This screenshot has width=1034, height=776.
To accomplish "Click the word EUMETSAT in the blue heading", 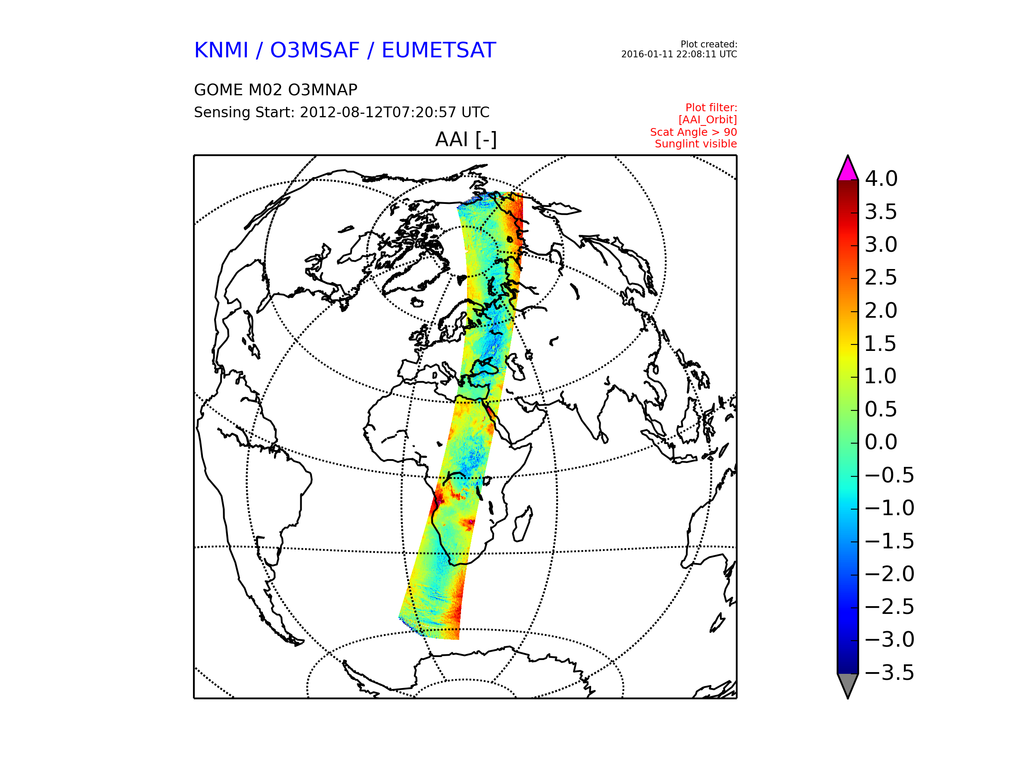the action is pyautogui.click(x=439, y=50).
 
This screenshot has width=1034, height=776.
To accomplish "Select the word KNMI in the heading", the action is pyautogui.click(x=221, y=50).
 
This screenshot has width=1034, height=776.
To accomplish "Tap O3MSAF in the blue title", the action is pyautogui.click(x=315, y=50).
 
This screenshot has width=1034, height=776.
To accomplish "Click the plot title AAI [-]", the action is pyautogui.click(x=466, y=139).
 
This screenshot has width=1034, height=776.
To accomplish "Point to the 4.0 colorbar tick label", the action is pyautogui.click(x=881, y=178).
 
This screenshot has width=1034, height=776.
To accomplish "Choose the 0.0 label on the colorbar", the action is pyautogui.click(x=881, y=442).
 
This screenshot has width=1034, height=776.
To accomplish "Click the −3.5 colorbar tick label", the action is pyautogui.click(x=890, y=673).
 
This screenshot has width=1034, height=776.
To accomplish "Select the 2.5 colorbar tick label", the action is pyautogui.click(x=881, y=277).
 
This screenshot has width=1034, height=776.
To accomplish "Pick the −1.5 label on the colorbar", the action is pyautogui.click(x=890, y=541).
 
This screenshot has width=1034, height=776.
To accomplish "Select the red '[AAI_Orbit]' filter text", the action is pyautogui.click(x=708, y=120).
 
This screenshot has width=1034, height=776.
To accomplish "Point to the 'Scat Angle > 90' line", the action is pyautogui.click(x=693, y=132).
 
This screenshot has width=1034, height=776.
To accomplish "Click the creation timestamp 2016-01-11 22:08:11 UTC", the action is pyautogui.click(x=679, y=54).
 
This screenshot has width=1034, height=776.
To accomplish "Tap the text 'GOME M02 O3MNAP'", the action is pyautogui.click(x=276, y=90).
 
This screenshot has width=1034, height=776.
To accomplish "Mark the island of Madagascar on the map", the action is pyautogui.click(x=523, y=525).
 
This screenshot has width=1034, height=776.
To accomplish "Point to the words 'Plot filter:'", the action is pyautogui.click(x=711, y=108).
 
